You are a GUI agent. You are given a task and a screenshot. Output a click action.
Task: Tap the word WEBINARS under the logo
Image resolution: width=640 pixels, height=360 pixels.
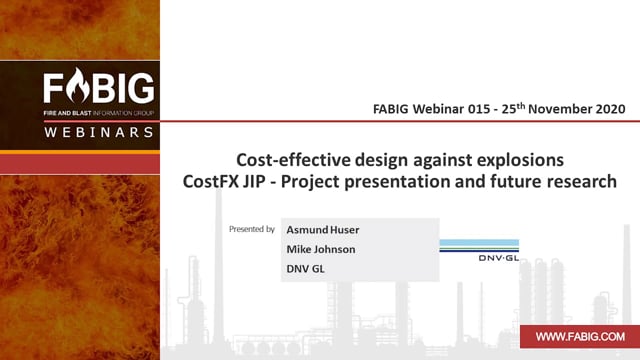pos(99,132)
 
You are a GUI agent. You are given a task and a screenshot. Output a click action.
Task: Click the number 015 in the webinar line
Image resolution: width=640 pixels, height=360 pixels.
pos(479,109)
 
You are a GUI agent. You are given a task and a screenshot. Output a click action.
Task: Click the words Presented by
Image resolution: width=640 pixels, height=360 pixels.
pos(252,229)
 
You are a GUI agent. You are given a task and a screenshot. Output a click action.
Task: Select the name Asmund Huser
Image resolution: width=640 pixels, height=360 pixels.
pos(323,230)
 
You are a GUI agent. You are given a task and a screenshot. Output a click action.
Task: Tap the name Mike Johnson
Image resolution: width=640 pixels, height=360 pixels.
pos(321,249)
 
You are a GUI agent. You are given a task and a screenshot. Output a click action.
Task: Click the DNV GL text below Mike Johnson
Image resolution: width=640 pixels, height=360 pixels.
pos(305,269)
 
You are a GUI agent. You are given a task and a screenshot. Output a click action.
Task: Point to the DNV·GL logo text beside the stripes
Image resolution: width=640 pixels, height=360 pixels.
pos(498,258)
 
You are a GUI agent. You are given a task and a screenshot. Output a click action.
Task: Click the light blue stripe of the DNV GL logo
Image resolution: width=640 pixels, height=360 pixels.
pos(479,242)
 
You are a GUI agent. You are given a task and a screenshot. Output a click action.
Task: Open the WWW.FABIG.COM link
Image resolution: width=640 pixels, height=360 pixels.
pos(580,337)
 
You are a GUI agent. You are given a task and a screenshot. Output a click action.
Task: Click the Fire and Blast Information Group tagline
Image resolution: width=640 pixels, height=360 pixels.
pos(99,113)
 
